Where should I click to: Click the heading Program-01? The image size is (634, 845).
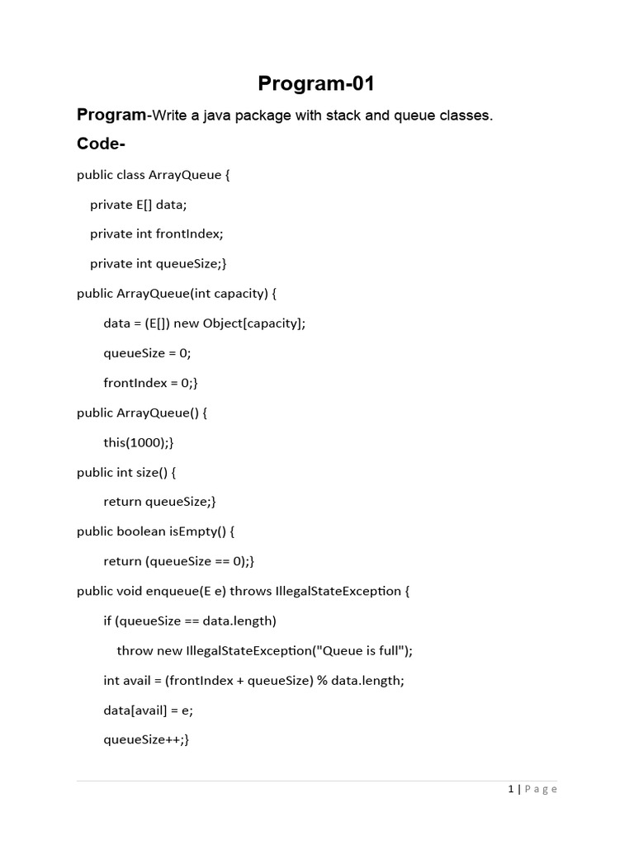316,83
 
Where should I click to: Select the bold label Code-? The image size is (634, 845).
101,144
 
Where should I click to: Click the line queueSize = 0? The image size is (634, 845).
147,353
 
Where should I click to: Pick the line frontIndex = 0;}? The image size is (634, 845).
150,383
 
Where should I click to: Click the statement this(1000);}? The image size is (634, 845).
139,442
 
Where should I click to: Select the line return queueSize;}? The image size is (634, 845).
159,502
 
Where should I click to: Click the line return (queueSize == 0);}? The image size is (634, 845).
179,561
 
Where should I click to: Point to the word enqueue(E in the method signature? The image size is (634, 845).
178,591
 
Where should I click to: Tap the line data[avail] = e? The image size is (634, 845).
148,710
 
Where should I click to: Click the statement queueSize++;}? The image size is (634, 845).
146,739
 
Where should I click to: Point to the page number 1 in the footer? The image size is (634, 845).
511,790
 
